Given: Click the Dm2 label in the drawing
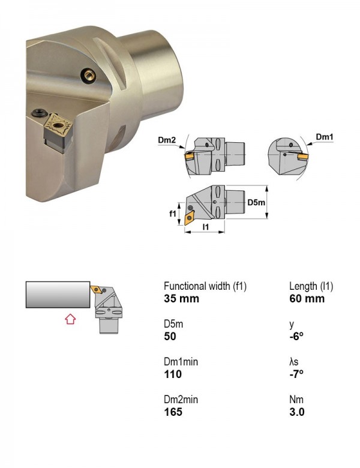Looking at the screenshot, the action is point(167,140).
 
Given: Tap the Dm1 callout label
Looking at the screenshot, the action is point(325,137).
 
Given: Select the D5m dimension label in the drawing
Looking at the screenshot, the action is point(256,202).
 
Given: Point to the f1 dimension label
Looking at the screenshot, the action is point(173,214).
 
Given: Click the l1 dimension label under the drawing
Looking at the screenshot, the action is point(206,227).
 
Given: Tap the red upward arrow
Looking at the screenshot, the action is point(70,319).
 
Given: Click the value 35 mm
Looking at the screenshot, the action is point(181,298).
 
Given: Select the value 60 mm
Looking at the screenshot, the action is point(307,298).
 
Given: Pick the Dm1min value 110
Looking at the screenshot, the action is point(173,374).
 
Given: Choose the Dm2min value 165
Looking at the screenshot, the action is point(173,412).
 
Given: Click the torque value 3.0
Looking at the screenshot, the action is point(297,412).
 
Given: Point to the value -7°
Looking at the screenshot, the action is point(296,374).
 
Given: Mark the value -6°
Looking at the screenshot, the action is point(296,337).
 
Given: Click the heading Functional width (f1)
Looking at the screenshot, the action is point(205,286).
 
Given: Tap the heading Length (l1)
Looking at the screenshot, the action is point(311,286).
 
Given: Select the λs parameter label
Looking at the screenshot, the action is point(294,362).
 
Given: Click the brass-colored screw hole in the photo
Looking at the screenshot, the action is point(89,75).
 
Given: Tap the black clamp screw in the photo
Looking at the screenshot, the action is point(39,113).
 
